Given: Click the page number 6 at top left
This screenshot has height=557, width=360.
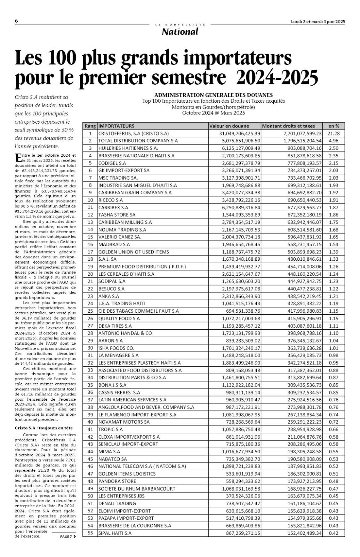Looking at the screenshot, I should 16,21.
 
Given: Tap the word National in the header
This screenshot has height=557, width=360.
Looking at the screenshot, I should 180,32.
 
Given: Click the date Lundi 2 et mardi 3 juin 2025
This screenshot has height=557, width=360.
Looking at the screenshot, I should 318,21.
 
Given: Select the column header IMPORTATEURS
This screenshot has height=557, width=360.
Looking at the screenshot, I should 116,126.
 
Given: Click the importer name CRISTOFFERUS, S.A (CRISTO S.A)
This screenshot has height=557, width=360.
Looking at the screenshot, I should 133,133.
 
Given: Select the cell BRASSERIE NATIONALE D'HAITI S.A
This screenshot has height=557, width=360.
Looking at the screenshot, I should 136,156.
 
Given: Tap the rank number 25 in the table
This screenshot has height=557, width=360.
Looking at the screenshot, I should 90,311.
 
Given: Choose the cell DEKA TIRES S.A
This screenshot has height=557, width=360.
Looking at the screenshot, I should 115,326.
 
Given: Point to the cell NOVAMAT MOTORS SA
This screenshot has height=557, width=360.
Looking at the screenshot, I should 124,422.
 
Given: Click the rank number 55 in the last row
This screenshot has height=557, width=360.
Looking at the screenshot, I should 90,533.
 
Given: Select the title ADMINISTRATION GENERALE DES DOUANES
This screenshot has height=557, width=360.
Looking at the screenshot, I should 213,95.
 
